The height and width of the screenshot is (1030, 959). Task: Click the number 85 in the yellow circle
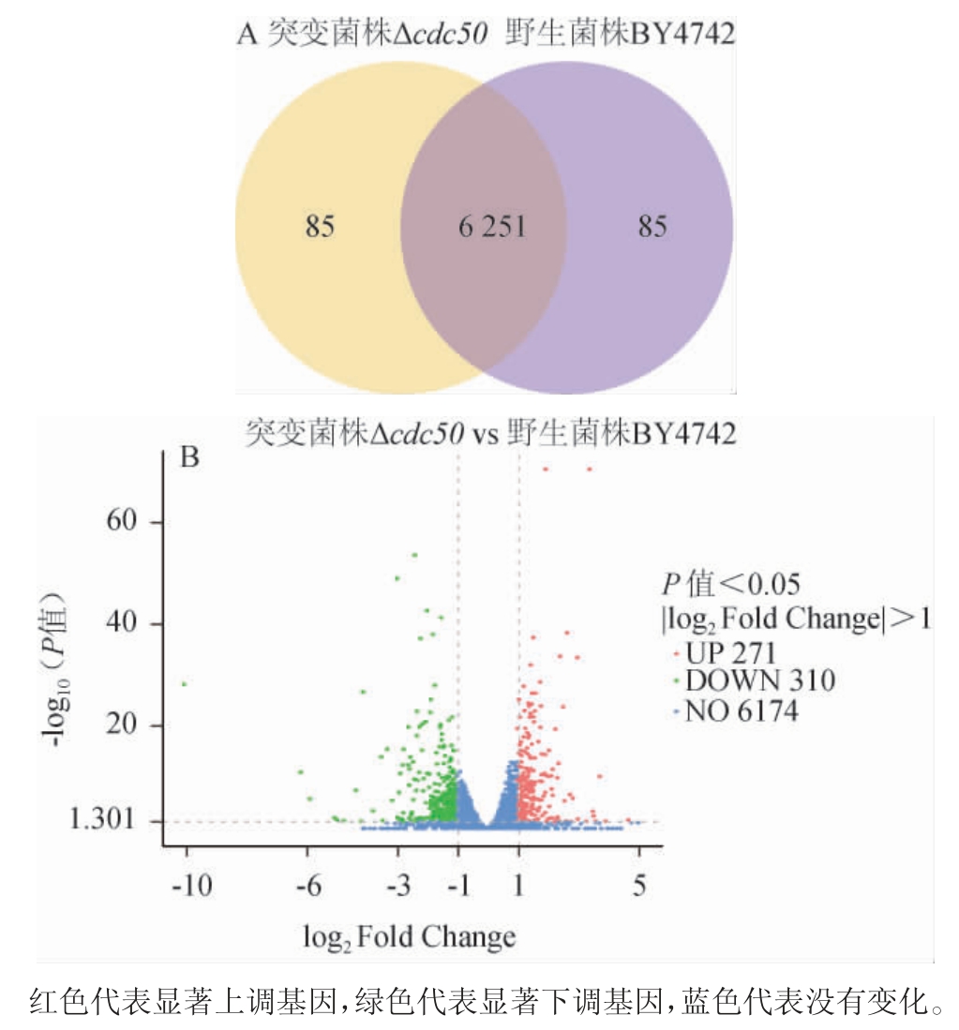point(319,228)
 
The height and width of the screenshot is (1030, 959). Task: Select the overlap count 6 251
point(491,228)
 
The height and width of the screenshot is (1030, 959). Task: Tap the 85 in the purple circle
point(652,228)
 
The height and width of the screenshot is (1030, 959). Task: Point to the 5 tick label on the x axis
point(639,886)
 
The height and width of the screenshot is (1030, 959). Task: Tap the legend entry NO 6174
point(742,711)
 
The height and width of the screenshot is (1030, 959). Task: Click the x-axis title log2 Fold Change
point(410,935)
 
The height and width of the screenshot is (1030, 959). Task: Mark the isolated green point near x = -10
point(185,684)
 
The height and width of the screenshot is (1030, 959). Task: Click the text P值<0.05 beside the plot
point(731,585)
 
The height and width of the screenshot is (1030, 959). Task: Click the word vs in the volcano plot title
point(485,434)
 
